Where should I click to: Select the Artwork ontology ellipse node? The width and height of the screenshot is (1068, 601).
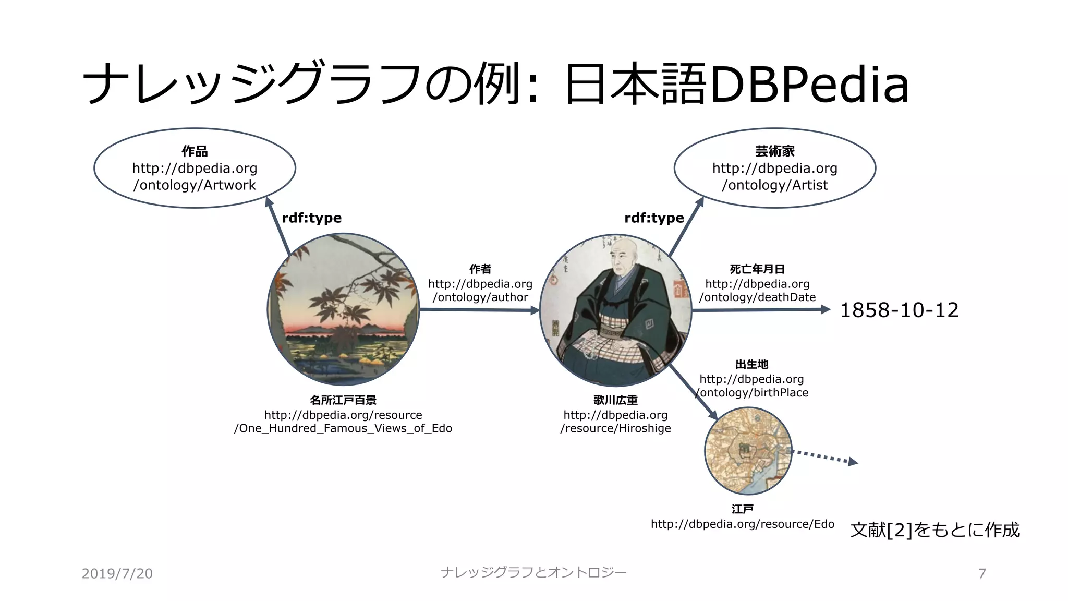(195, 168)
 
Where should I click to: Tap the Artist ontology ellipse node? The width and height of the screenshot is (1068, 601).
(774, 168)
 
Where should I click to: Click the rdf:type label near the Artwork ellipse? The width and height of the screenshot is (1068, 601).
(312, 218)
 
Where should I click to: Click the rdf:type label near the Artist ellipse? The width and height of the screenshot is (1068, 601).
(654, 218)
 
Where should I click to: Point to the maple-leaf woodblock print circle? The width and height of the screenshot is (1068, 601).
(343, 310)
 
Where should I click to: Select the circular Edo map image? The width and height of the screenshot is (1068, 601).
(748, 451)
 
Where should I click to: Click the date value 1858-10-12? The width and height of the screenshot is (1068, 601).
(899, 310)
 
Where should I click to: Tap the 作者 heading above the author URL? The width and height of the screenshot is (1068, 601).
(480, 269)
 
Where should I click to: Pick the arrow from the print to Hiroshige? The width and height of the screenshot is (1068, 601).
(479, 310)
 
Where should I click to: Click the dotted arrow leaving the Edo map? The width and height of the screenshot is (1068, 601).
(824, 457)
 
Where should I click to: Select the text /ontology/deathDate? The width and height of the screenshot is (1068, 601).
(757, 297)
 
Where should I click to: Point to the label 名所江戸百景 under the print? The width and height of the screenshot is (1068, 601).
(343, 400)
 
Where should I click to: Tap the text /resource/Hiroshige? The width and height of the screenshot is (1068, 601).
(615, 428)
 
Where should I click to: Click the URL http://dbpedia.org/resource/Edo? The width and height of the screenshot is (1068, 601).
(742, 524)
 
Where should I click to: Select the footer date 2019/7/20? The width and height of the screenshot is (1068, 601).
(117, 573)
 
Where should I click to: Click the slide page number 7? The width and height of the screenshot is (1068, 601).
(982, 573)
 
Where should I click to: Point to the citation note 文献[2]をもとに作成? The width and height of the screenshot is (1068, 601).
(934, 530)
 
